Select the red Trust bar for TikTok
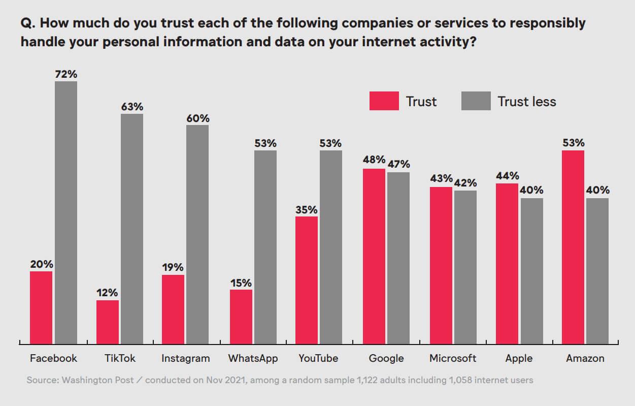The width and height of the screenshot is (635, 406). (x=107, y=322)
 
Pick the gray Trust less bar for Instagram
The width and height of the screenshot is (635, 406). (x=197, y=234)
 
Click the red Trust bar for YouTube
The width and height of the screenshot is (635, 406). (x=307, y=280)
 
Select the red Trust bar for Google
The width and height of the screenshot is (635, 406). (x=374, y=257)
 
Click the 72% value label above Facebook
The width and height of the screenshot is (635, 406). (x=66, y=74)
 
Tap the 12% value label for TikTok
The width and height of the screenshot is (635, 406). (x=107, y=293)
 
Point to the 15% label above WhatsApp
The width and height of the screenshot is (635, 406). (x=241, y=283)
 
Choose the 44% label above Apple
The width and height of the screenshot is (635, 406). (x=507, y=176)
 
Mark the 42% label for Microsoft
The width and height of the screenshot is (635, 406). (x=465, y=182)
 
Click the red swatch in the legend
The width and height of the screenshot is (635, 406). (x=384, y=101)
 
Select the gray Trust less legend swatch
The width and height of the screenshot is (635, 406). (x=476, y=101)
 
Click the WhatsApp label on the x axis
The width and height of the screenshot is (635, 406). (x=253, y=358)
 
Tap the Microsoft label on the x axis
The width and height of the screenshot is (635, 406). (x=453, y=358)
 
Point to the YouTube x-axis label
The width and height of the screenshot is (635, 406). (x=318, y=358)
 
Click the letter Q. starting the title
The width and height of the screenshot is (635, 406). (x=27, y=23)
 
